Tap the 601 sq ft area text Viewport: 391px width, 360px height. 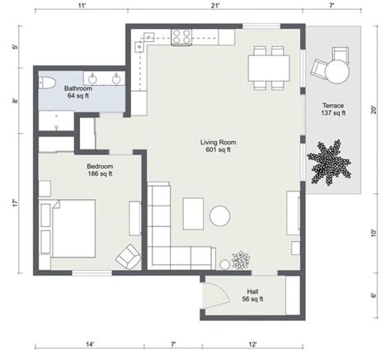click(218, 150)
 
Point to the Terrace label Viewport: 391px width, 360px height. click(333, 105)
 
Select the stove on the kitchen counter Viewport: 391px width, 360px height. click(181, 36)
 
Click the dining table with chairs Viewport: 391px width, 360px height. click(269, 66)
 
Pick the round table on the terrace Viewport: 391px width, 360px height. click(337, 73)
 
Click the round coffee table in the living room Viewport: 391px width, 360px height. click(220, 216)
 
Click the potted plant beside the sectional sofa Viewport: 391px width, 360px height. click(240, 259)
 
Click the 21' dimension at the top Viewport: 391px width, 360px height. click(216, 7)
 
